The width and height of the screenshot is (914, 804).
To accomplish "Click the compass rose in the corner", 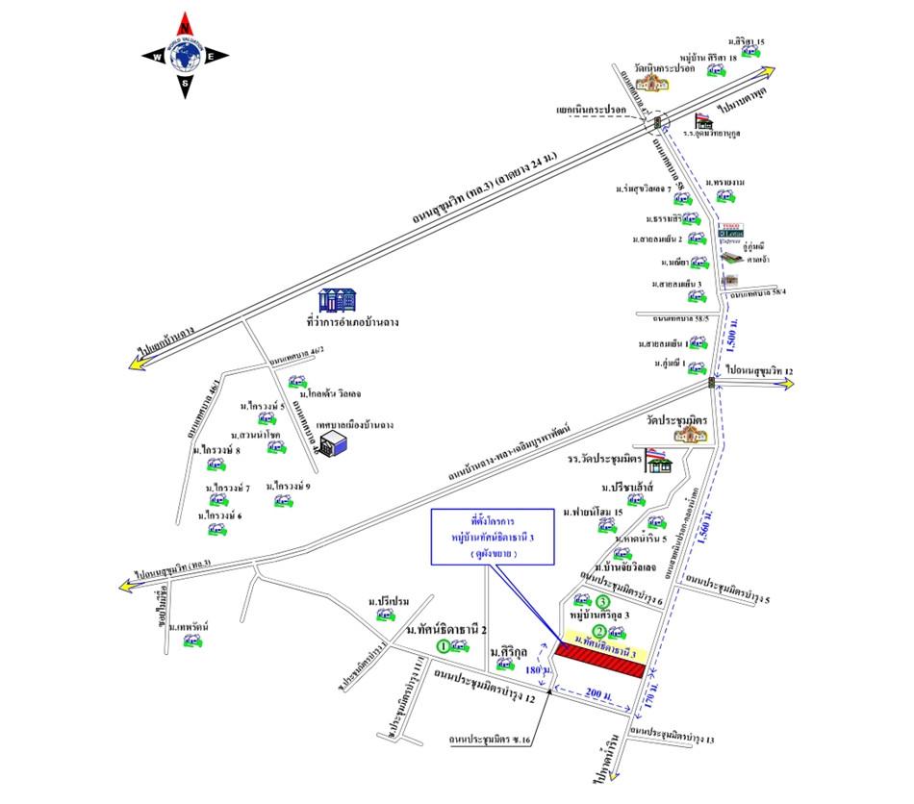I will [186, 56].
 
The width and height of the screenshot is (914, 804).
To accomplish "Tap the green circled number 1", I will [444, 646].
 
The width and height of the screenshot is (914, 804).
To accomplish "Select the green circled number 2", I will [598, 631].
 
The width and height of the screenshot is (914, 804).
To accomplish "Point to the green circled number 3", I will [602, 603].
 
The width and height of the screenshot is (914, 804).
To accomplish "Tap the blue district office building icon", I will [340, 299].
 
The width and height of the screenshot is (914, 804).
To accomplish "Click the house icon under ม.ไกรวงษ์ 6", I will [211, 531].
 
